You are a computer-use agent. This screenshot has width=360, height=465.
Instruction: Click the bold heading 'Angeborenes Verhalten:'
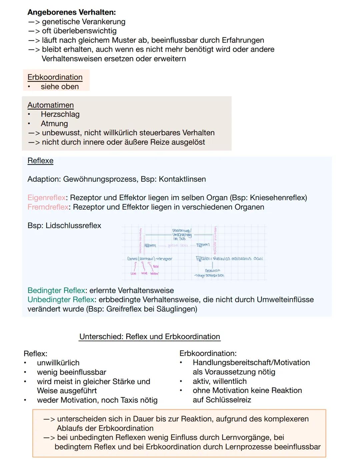tap(71, 12)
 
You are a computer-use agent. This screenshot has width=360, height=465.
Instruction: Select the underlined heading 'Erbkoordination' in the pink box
tap(55, 77)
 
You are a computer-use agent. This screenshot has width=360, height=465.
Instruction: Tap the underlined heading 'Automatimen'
tap(50, 105)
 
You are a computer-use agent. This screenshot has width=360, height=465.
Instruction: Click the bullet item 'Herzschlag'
tap(60, 114)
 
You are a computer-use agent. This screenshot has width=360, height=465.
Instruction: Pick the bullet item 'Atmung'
tap(54, 124)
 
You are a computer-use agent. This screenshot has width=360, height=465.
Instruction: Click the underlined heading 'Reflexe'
tap(40, 161)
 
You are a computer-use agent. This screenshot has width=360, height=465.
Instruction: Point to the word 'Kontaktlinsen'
tap(182, 179)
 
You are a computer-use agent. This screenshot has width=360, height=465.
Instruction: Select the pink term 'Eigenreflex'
tap(46, 198)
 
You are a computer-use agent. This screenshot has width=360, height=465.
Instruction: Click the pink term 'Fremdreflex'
tap(48, 207)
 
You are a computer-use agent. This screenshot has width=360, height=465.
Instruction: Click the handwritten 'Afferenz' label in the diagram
tap(150, 246)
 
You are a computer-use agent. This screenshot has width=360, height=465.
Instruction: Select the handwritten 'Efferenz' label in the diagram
tap(203, 245)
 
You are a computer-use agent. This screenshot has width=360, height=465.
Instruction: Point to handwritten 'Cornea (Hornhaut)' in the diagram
tap(141, 259)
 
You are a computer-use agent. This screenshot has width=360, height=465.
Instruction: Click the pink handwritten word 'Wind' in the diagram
tap(144, 274)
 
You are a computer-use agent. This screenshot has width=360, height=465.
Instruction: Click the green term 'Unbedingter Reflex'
tap(61, 300)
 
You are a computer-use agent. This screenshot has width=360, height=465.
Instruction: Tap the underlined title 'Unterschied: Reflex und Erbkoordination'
tap(150, 337)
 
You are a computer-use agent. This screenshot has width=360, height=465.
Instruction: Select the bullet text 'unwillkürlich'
tap(58, 363)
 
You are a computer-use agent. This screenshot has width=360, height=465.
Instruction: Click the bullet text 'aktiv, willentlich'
tap(219, 381)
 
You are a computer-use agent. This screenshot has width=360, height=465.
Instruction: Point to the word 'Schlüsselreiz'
tap(222, 400)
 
